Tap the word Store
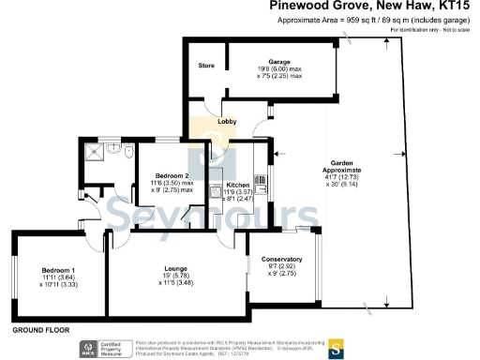(206, 66)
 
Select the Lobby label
(226, 122)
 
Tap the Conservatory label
(282, 259)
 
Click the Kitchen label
(237, 186)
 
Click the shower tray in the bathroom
(93, 151)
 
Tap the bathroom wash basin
(128, 150)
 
